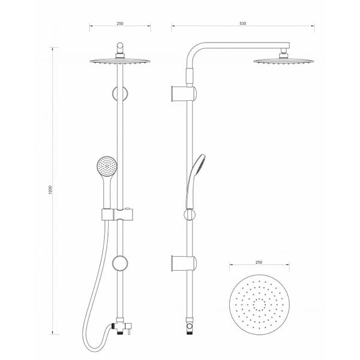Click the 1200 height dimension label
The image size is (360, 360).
pyautogui.click(x=50, y=190)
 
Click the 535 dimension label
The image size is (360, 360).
pyautogui.click(x=242, y=23)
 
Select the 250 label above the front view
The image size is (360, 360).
pyautogui.click(x=120, y=23)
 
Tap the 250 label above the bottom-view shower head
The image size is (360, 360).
pyautogui.click(x=259, y=262)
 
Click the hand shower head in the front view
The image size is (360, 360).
pyautogui.click(x=107, y=166)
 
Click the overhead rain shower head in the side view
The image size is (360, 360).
pyautogui.click(x=284, y=61)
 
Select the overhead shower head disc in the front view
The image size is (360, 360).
pyautogui.click(x=120, y=61)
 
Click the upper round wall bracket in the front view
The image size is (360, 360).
pyautogui.click(x=120, y=94)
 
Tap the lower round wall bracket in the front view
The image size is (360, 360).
pyautogui.click(x=120, y=263)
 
